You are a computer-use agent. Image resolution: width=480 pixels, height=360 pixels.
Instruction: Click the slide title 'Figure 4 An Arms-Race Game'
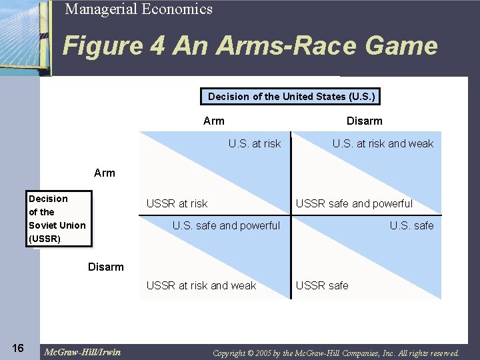[250, 47]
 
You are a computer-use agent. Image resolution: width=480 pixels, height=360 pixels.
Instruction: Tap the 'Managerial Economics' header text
[139, 9]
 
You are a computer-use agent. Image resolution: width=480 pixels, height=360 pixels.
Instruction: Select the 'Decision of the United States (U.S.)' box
[291, 97]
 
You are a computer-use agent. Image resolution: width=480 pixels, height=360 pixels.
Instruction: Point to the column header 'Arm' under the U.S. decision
[214, 121]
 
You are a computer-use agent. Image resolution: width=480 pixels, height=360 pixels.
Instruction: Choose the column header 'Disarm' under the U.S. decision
[364, 121]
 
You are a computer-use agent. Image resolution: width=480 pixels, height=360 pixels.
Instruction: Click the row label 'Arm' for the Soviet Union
[105, 173]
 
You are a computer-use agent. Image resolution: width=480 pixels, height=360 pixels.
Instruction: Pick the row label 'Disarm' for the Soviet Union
[106, 267]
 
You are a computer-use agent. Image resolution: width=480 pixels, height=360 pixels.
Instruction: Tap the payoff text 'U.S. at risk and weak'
[383, 143]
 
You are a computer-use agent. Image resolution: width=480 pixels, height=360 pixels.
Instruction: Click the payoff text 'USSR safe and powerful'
[354, 203]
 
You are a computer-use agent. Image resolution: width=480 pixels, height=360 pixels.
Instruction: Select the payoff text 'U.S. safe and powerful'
[226, 225]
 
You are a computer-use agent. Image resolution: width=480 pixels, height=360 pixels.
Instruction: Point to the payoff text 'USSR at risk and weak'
[201, 285]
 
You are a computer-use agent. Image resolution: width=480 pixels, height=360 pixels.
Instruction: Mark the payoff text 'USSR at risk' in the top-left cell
[177, 203]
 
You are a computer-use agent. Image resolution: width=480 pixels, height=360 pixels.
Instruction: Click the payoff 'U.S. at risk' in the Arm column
[255, 143]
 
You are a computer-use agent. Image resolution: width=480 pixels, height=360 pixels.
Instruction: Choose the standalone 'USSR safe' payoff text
[322, 285]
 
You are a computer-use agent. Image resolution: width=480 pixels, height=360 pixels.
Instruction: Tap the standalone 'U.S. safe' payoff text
[411, 225]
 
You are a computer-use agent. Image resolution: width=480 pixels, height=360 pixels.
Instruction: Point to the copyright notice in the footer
[336, 353]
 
